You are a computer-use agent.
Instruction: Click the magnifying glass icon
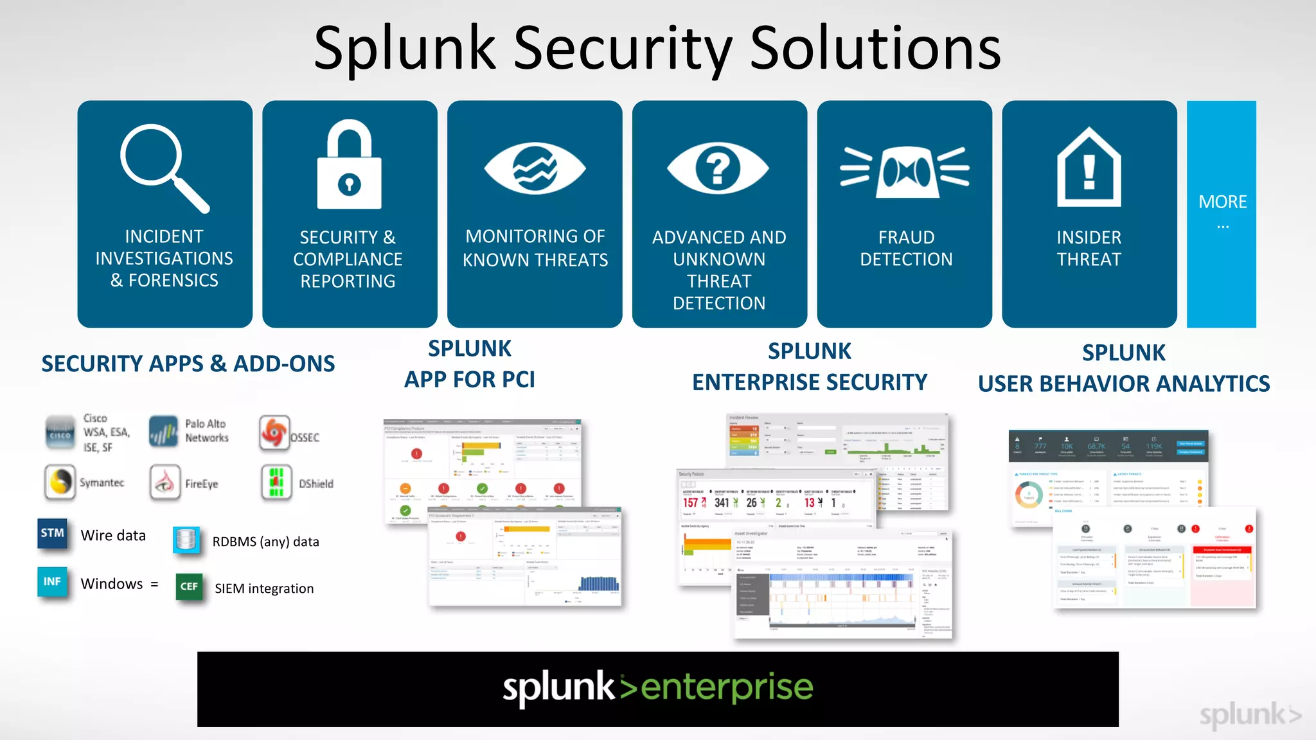coord(163,167)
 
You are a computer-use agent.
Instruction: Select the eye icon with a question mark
coord(718,168)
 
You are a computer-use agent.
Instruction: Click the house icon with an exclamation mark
coord(1089,167)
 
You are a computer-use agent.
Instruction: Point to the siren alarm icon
coord(905,171)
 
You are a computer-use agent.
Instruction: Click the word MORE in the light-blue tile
coord(1222,202)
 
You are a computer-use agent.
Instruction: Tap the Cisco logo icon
coord(60,432)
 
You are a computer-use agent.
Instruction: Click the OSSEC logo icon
coord(275,432)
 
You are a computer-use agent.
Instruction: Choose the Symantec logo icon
coord(60,482)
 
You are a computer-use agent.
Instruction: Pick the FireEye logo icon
coord(164,482)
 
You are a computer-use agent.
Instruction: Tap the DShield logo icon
coord(276,482)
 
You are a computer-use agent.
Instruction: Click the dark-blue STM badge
coord(52,533)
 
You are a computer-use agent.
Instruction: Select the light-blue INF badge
coord(52,582)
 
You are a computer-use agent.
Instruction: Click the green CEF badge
coord(189,586)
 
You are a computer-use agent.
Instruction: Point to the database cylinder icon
coord(186,540)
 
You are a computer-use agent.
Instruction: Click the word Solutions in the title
coord(875,49)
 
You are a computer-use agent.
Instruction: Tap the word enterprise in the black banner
coord(727,687)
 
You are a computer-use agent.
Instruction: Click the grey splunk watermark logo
coord(1249,714)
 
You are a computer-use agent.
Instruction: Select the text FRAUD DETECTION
coord(906,249)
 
